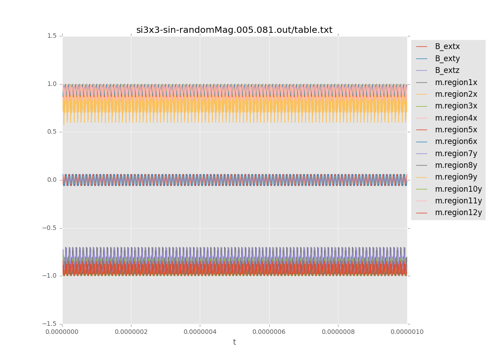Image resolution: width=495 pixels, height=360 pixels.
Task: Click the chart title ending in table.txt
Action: tap(234, 30)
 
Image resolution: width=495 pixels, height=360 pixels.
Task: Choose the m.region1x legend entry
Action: tap(456, 82)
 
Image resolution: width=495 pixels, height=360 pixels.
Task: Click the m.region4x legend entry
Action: tap(456, 118)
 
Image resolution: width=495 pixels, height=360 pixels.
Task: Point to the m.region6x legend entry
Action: tap(456, 141)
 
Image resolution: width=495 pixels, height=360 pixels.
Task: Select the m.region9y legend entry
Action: tap(456, 177)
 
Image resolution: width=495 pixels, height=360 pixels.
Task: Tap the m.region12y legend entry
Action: tap(458, 212)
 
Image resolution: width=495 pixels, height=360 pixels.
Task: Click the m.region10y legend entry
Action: tap(458, 189)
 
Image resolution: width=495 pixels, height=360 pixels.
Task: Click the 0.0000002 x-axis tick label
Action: tap(131, 332)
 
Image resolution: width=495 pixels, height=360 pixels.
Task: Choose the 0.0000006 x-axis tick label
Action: tap(269, 332)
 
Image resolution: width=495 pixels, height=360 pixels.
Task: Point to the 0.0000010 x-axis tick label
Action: tap(407, 332)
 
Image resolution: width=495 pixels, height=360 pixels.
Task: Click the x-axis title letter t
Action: tap(234, 342)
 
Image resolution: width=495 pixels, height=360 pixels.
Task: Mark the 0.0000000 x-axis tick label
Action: tap(62, 332)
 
